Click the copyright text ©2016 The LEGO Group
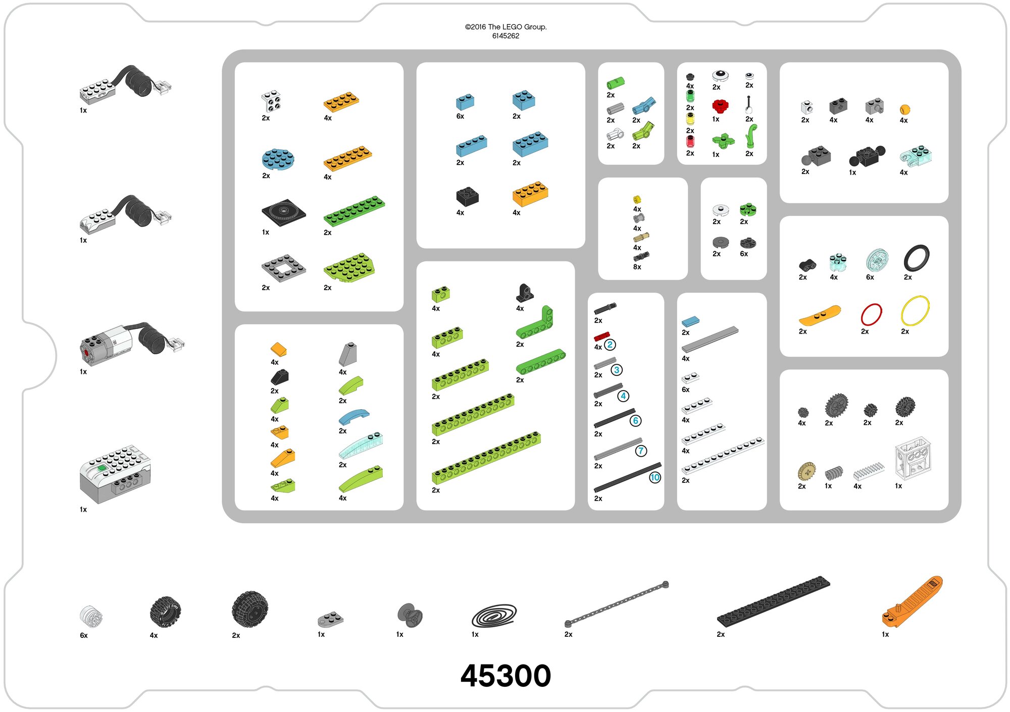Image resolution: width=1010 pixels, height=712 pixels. [x=506, y=27]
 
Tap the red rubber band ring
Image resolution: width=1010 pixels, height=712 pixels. [x=871, y=314]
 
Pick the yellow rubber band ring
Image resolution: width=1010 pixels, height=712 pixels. [x=915, y=311]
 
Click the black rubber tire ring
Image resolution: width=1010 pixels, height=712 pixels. [x=916, y=258]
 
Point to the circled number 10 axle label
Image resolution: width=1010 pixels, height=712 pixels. [x=654, y=477]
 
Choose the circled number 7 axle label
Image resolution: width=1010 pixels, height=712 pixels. [x=640, y=451]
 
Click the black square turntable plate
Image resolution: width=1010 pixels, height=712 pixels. [x=283, y=212]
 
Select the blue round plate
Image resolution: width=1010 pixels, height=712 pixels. [x=278, y=159]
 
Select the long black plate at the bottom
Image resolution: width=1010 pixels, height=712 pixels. [x=773, y=601]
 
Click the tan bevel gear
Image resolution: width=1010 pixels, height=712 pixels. [x=806, y=471]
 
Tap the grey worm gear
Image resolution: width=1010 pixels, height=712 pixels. [x=833, y=472]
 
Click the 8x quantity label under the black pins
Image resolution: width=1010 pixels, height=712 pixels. [x=637, y=267]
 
